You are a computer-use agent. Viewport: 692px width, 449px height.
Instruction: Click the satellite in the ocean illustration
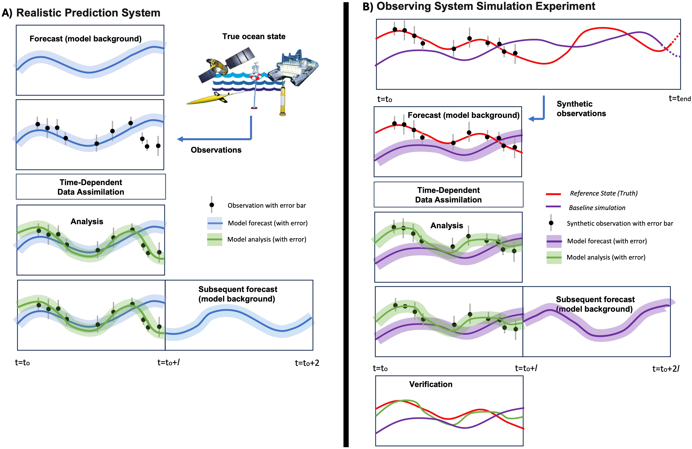pos(225,65)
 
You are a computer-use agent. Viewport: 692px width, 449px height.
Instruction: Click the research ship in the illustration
pos(294,68)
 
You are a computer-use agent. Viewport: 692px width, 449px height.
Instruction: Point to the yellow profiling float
pos(282,100)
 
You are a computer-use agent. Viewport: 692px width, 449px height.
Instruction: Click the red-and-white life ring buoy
pos(256,76)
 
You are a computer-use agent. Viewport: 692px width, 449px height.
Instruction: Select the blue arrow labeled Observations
pos(215,139)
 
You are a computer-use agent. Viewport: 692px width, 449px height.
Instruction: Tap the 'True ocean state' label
pos(254,36)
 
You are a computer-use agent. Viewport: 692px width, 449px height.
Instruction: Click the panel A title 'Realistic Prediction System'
pos(88,13)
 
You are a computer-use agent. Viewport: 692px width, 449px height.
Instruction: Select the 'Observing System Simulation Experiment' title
pos(486,6)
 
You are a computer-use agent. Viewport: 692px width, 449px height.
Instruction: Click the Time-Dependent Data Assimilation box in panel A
pos(91,187)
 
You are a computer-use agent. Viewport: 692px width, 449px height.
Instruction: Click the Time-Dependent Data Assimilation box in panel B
pos(448,195)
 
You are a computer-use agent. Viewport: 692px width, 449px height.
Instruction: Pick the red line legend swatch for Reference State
pos(553,194)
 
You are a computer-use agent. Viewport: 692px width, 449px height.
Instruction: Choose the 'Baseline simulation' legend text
pos(597,208)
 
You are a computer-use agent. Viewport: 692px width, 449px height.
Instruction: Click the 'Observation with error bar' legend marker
pos(212,205)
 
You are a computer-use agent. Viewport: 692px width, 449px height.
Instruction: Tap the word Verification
pos(431,384)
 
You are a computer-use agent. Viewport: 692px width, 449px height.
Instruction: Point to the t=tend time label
pos(680,98)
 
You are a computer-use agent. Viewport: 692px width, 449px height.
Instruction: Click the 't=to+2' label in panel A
pos(307,363)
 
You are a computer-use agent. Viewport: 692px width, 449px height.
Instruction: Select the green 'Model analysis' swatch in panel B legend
pos(554,258)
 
